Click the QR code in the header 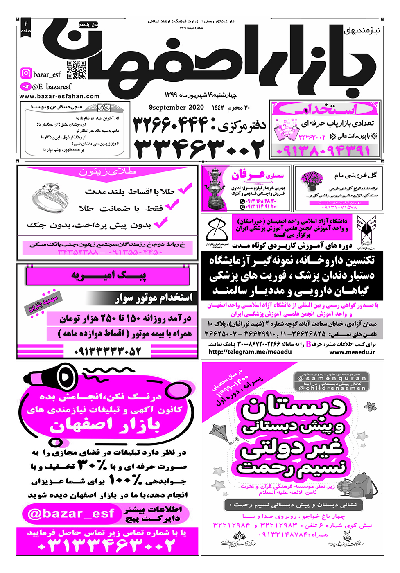(x=77, y=70)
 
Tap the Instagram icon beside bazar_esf (x=26, y=73)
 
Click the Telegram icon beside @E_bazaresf (x=26, y=87)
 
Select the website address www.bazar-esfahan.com (x=59, y=97)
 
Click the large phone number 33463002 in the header (x=199, y=148)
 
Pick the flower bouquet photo (x=312, y=180)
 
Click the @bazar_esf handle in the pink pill (x=71, y=514)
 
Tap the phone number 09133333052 (x=107, y=351)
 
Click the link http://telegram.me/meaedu (x=250, y=352)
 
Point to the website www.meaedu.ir (x=352, y=352)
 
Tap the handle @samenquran (x=332, y=379)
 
